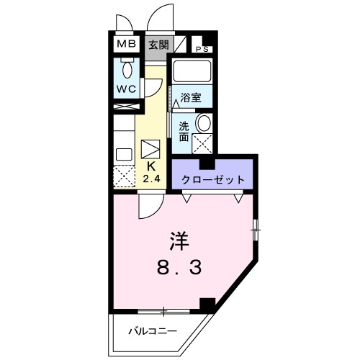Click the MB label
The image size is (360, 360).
point(127,43)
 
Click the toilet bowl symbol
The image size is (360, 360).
point(127,71)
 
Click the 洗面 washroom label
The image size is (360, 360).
point(185,130)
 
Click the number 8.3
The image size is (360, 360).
point(181,267)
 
